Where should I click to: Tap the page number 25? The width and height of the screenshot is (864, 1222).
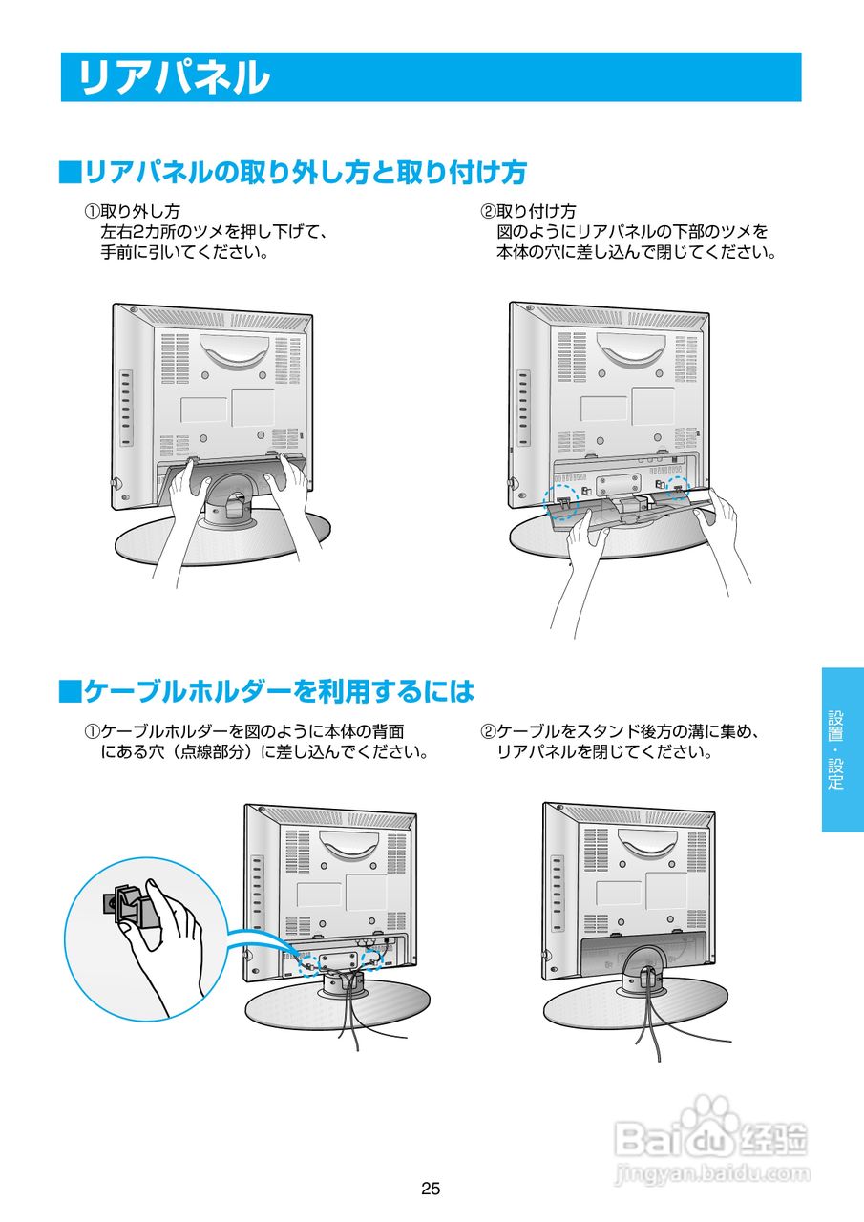pos(431,1190)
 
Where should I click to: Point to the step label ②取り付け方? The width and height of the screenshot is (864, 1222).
pos(528,211)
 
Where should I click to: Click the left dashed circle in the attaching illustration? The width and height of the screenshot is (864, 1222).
pos(560,498)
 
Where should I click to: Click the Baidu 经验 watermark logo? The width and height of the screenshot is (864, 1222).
pos(711,1136)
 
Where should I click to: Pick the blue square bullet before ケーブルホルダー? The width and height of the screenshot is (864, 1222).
pos(70,690)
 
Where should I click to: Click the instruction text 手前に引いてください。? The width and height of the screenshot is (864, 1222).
pos(184,253)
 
